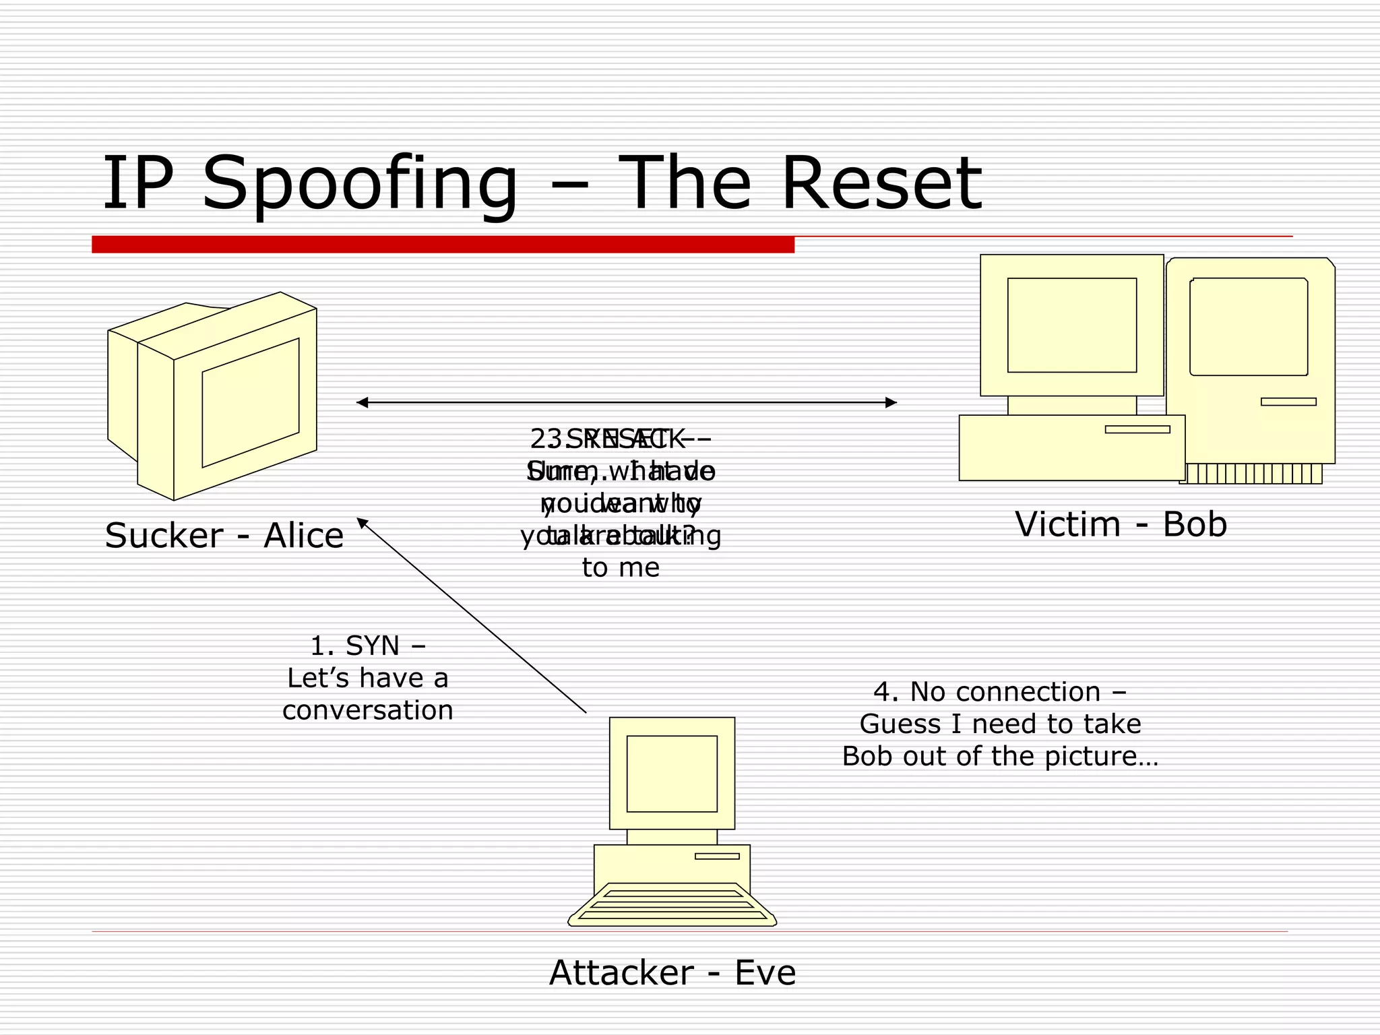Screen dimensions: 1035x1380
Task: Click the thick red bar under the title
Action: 443,245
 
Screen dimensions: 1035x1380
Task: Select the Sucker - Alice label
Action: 224,536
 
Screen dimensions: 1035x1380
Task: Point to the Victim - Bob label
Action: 1121,524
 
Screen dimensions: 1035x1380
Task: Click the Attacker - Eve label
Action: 672,973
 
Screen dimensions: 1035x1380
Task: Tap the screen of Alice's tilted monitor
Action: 251,403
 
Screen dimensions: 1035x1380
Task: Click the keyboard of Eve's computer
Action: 672,905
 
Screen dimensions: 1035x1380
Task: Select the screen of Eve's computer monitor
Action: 672,774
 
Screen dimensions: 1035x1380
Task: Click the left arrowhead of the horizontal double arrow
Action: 363,403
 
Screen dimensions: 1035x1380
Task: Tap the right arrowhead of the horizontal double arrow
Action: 891,403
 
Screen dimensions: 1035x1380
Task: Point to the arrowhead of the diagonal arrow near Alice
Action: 362,522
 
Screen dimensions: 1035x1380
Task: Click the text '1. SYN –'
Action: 367,646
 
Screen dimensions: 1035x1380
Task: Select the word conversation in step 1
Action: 368,710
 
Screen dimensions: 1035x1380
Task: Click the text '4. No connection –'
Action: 1000,691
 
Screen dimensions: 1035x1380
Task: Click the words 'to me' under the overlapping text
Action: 621,567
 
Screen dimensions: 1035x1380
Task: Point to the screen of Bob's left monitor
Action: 1071,325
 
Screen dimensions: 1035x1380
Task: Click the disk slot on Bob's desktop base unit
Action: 1137,429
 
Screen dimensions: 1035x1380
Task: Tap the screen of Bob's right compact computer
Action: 1249,327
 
